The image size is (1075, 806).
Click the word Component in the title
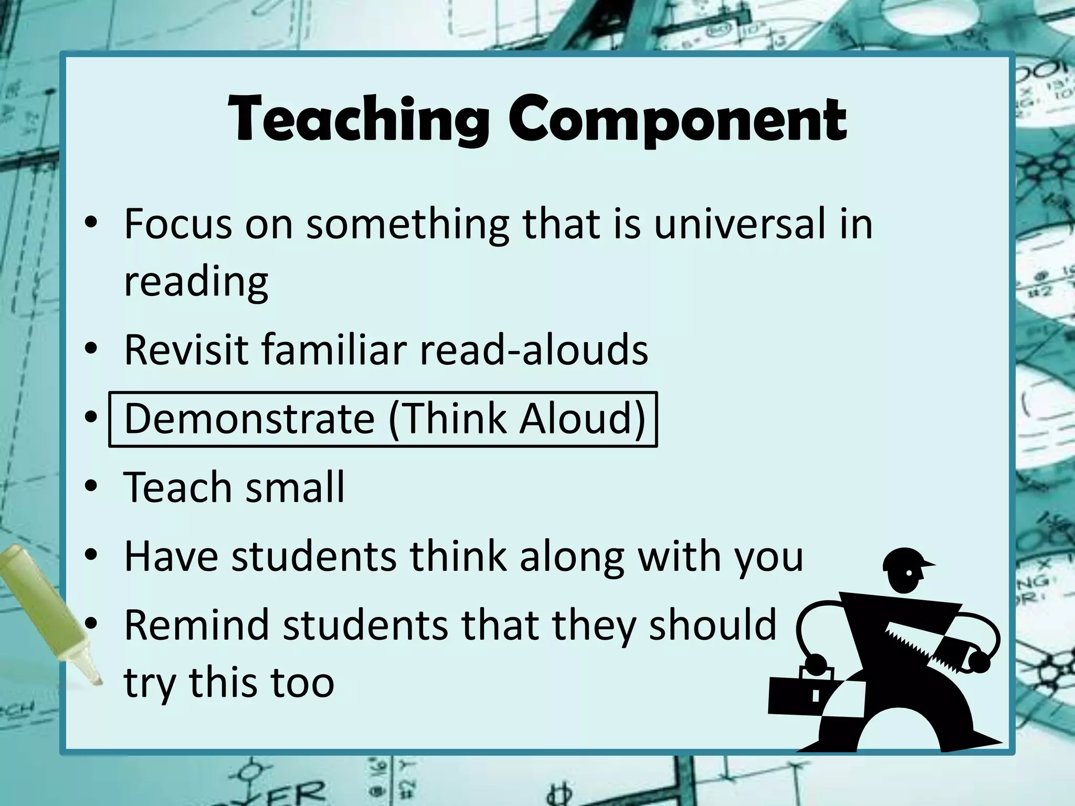pos(677,121)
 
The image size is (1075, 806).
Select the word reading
pos(196,282)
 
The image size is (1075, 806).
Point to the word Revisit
pos(186,350)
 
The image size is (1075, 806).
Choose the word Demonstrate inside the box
pos(249,419)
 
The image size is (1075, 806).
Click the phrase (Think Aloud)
pos(517,419)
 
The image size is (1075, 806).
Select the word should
pos(712,625)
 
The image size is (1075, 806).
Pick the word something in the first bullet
pos(407,225)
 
